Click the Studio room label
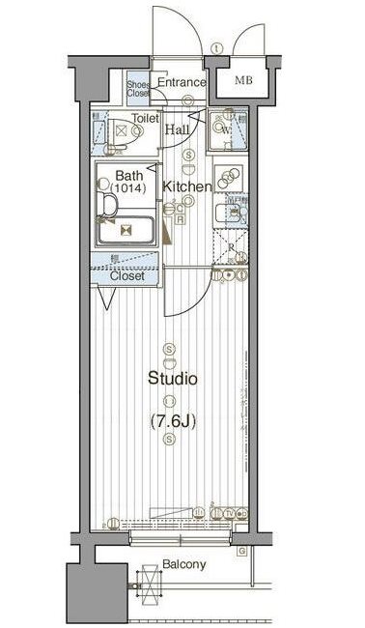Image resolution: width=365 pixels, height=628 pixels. (x=172, y=379)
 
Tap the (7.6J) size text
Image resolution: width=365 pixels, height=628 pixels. (x=172, y=420)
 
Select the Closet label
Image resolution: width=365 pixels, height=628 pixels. (x=126, y=275)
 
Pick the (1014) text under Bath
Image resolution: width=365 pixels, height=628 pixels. (x=128, y=189)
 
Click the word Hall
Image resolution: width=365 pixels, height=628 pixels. (x=177, y=129)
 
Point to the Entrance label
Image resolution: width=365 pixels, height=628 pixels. (x=182, y=83)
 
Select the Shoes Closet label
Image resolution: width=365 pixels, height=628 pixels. (x=139, y=90)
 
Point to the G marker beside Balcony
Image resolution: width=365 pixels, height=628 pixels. (x=239, y=551)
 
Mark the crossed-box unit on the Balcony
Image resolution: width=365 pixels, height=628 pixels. (x=151, y=585)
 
